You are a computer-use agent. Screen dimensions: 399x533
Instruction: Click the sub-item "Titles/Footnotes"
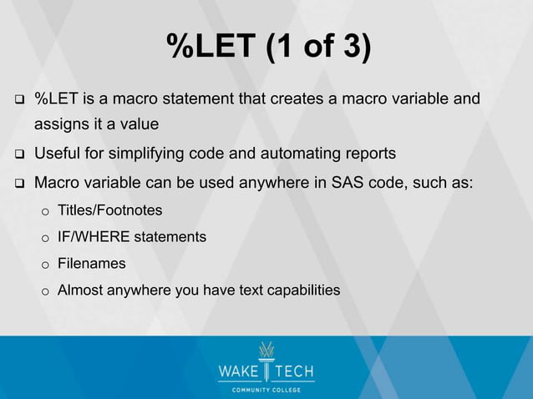(109, 210)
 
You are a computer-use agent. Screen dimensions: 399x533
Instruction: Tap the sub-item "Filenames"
(91, 264)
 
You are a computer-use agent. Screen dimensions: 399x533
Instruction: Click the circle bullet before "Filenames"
(46, 265)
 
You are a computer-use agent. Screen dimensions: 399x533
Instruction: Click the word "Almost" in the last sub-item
(79, 290)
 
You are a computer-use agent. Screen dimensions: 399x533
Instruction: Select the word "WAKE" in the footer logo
(239, 370)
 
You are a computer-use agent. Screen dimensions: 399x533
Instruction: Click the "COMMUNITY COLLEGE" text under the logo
(266, 389)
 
